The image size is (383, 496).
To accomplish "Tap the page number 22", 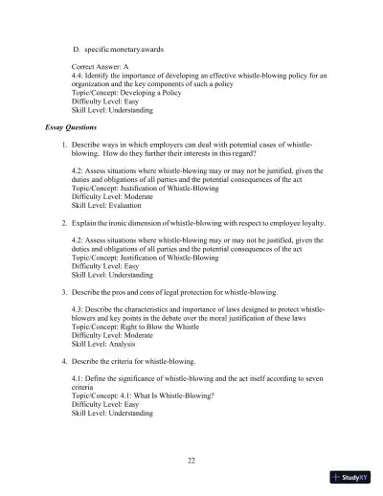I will coord(191,461).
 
